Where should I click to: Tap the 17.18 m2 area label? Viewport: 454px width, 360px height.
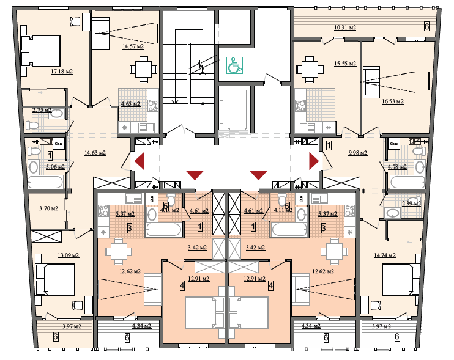tap(62, 72)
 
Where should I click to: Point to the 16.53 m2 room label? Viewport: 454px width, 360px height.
tap(392, 101)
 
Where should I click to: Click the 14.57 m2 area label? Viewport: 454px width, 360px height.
tap(132, 46)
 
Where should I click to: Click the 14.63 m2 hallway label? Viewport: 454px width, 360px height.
tap(94, 153)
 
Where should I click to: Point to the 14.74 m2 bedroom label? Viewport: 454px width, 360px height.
tap(384, 255)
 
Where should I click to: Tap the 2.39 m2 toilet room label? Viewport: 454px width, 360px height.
tap(411, 204)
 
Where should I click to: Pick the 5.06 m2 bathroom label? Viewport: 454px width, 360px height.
tap(54, 166)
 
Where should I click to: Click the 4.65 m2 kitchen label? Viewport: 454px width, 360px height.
tap(130, 104)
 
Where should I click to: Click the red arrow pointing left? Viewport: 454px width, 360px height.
tap(139, 161)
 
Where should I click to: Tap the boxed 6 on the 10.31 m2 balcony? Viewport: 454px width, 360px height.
tap(426, 26)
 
